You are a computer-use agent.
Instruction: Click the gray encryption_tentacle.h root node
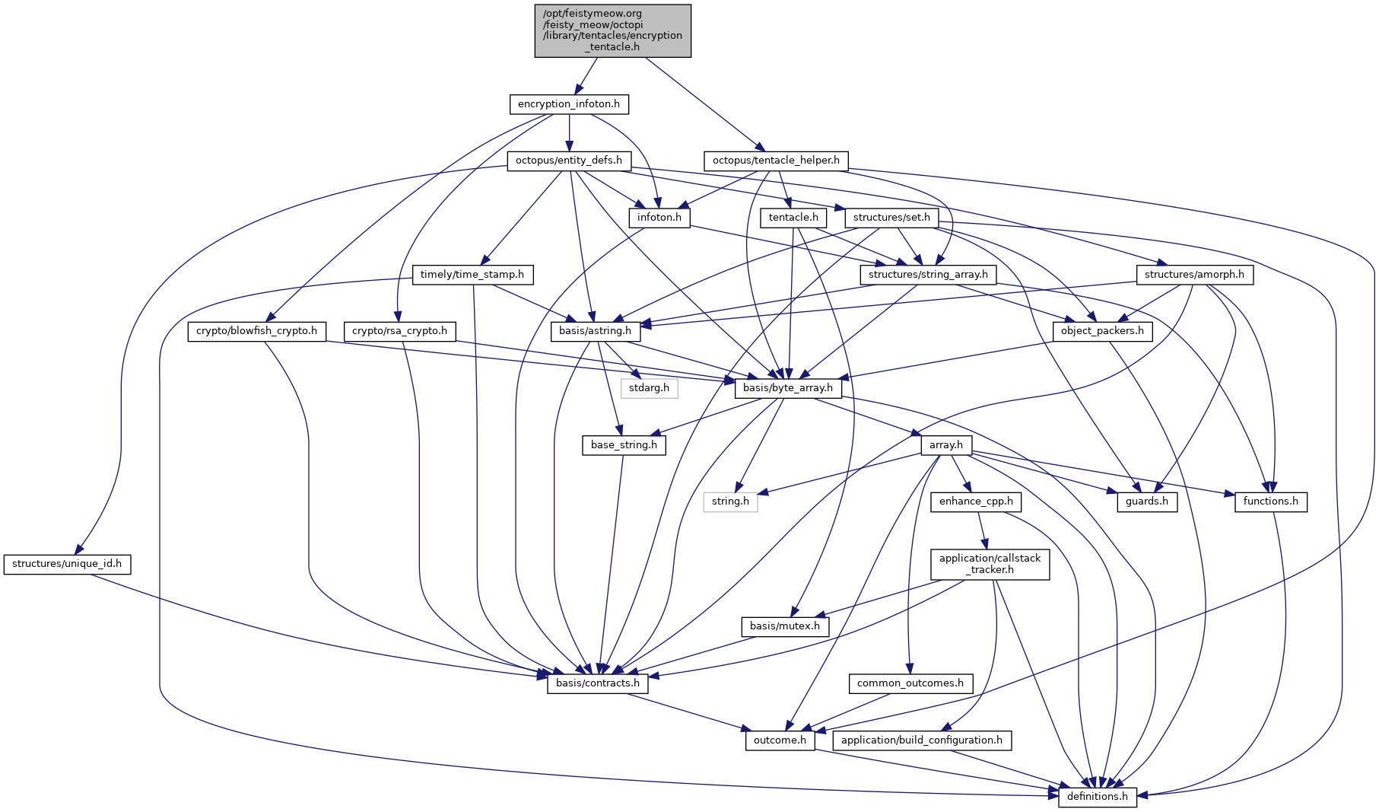(612, 30)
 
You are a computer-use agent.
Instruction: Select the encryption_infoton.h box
(568, 104)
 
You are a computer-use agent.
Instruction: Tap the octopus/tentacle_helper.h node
(776, 161)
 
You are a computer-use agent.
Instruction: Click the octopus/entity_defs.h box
(568, 161)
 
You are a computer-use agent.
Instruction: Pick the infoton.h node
(659, 218)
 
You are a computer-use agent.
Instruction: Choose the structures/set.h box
(891, 218)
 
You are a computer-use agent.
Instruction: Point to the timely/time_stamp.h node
(472, 275)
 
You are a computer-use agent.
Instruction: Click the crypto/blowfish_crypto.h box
(256, 331)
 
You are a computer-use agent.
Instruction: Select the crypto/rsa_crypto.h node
(400, 331)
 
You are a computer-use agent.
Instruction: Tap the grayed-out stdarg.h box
(649, 388)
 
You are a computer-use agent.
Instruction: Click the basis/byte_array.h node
(788, 388)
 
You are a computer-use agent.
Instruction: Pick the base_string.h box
(624, 445)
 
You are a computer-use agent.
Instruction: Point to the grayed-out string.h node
(730, 502)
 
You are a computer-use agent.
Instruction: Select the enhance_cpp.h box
(976, 502)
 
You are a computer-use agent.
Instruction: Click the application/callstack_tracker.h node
(990, 564)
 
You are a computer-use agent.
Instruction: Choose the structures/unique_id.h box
(67, 565)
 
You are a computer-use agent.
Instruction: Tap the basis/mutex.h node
(785, 626)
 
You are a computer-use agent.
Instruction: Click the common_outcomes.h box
(910, 683)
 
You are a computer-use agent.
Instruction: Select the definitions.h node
(1098, 797)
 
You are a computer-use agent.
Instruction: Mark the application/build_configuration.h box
(921, 740)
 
